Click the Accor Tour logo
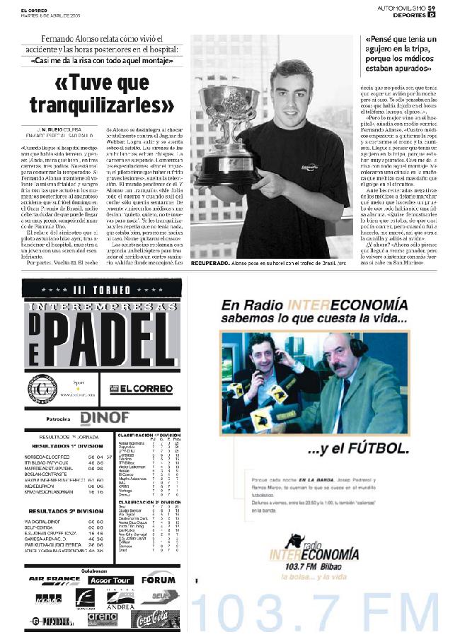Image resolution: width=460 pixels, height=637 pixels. (x=111, y=580)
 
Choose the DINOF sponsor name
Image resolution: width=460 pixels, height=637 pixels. (x=104, y=418)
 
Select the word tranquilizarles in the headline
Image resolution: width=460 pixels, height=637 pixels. (x=101, y=105)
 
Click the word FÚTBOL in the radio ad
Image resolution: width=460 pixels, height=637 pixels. (x=384, y=448)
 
